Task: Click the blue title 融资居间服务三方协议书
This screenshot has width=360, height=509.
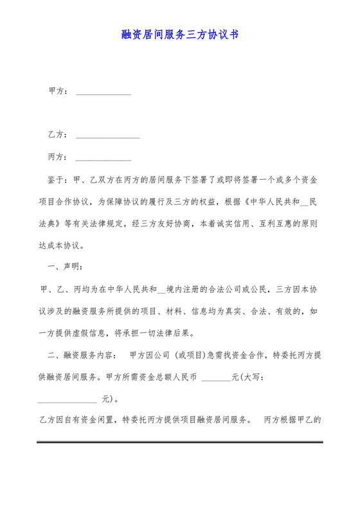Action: click(x=180, y=35)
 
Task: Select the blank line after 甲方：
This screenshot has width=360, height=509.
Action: click(x=104, y=94)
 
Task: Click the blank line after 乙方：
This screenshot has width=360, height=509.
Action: click(x=107, y=138)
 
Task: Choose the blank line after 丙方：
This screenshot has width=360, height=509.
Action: click(x=104, y=159)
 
